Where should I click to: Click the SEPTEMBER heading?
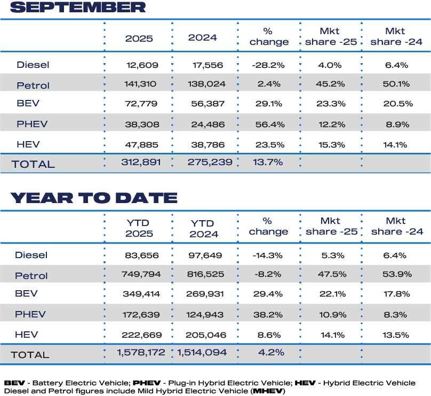click(x=78, y=7)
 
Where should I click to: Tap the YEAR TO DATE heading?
click(x=94, y=198)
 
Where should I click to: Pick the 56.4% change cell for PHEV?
click(x=268, y=124)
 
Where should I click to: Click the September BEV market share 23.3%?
click(x=331, y=104)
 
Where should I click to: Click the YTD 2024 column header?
click(x=203, y=228)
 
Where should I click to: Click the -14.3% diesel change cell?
click(x=268, y=255)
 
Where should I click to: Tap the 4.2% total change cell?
click(x=268, y=352)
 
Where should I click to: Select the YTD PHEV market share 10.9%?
click(x=331, y=315)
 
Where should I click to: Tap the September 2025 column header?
click(x=139, y=38)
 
